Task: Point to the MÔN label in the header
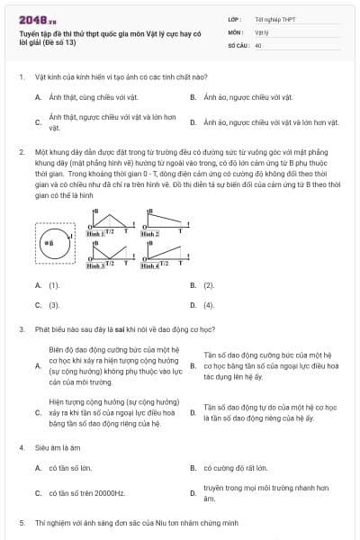pyautogui.click(x=235, y=31)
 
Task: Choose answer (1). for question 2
pyautogui.click(x=54, y=284)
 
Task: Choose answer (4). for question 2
pyautogui.click(x=209, y=304)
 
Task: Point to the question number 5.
pyautogui.click(x=21, y=522)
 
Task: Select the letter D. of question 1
pyautogui.click(x=193, y=121)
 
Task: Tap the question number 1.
pyautogui.click(x=21, y=77)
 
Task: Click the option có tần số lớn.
pyautogui.click(x=73, y=468)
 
